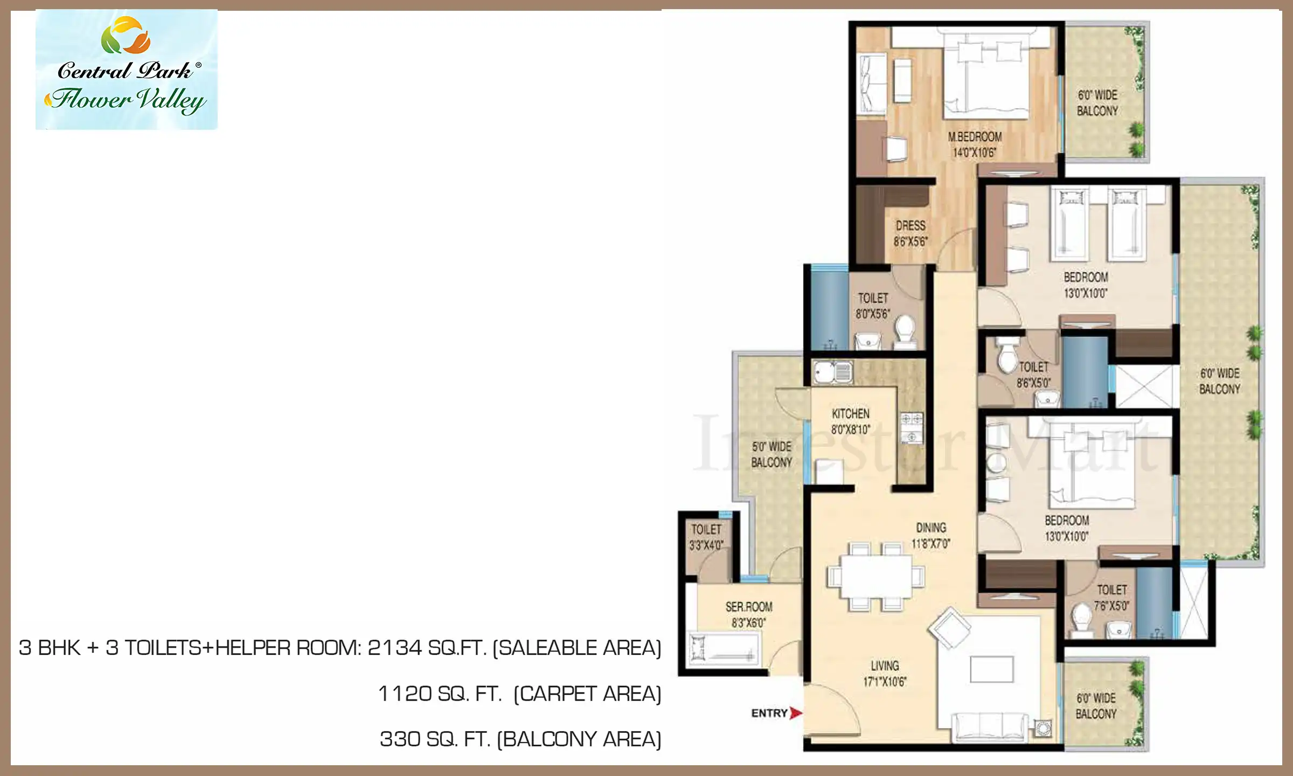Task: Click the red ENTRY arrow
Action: pos(796,713)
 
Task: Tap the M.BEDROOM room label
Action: pos(975,137)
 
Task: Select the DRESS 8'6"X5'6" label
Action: pos(910,233)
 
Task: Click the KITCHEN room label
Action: pos(851,413)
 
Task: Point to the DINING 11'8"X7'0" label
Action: pos(931,536)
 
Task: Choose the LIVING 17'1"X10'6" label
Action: pos(885,674)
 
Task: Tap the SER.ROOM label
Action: pos(749,607)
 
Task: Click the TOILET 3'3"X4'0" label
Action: pos(706,537)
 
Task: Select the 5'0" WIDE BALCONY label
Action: pos(771,454)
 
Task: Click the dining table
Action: pos(876,576)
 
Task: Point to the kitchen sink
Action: pos(833,372)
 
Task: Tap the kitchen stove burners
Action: pos(912,428)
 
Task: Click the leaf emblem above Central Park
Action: pos(126,36)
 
